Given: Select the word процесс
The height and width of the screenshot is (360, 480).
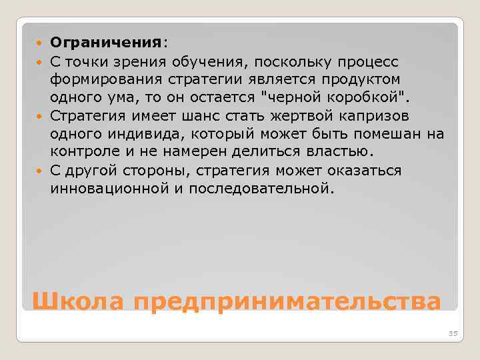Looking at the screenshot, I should click(366, 62).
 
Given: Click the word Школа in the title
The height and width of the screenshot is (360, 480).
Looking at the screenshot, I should click(78, 301).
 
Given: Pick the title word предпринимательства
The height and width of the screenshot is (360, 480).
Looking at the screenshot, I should click(287, 301).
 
